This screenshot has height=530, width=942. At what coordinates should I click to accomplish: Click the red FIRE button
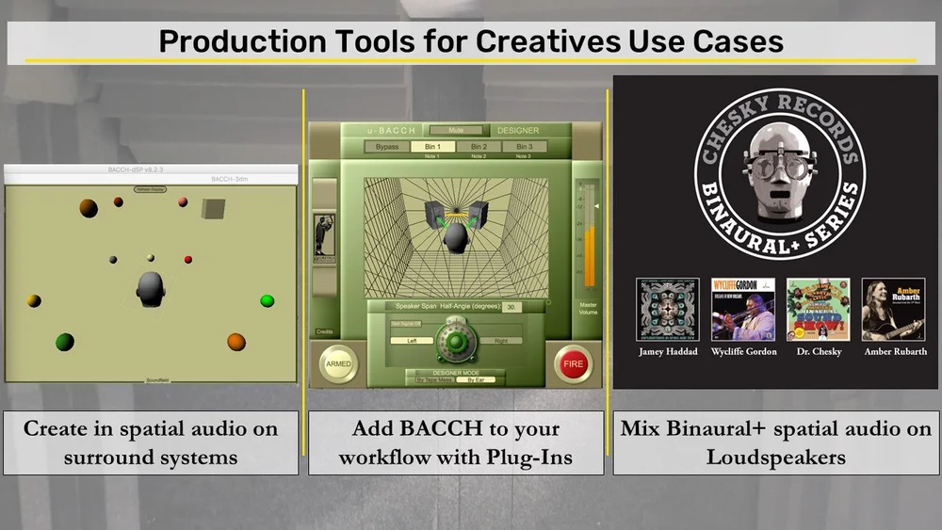pos(573,363)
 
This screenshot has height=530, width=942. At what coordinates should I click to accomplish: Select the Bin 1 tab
pos(432,147)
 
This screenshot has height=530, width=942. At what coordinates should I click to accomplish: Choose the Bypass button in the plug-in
pos(387,147)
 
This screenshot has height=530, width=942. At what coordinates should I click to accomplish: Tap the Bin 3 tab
pos(525,147)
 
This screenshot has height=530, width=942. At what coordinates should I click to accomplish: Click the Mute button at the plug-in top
pos(456,130)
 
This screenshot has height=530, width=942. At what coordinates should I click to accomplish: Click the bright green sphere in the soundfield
pos(268,300)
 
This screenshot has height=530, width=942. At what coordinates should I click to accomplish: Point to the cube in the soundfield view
pos(214,208)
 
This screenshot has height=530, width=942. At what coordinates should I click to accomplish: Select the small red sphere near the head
pos(188,259)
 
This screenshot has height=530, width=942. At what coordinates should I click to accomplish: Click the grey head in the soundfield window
pos(151,289)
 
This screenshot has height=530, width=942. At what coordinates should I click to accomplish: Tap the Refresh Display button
pos(150,189)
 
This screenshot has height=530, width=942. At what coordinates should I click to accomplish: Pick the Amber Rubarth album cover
pos(893,310)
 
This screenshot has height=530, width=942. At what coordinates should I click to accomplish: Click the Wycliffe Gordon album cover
pos(742,310)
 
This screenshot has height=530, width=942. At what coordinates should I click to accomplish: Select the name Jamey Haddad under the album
pos(667,352)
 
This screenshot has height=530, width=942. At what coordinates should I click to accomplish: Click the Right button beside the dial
pos(500,341)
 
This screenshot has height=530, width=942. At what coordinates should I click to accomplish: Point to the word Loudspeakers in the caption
pos(776,458)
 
